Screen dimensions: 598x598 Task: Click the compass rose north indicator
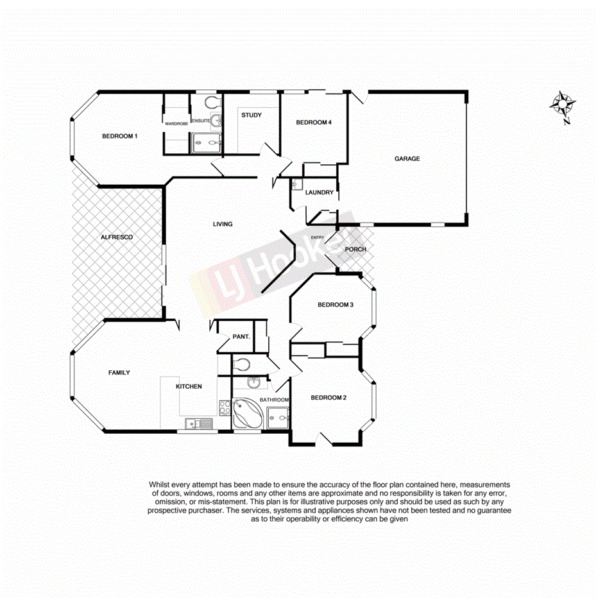[x=563, y=104]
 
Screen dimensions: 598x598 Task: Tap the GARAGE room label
[x=407, y=158]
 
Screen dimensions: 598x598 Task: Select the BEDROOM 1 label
[x=120, y=136]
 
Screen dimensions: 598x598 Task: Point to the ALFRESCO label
[x=116, y=237]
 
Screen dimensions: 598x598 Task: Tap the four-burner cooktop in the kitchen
[x=225, y=407]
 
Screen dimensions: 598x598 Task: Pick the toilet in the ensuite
[x=211, y=103]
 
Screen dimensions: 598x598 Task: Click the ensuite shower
[x=206, y=142]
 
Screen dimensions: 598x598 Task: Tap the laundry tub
[x=295, y=185]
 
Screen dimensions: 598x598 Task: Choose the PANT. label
[x=241, y=336]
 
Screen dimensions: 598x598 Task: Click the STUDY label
[x=251, y=115]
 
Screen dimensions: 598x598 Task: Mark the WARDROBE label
[x=176, y=123]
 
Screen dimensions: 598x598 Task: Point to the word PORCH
[x=355, y=249]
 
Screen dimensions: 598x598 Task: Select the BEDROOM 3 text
[x=336, y=305]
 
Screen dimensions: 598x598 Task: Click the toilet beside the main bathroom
[x=241, y=364]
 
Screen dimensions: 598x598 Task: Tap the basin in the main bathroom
[x=255, y=384]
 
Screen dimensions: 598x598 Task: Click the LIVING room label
[x=223, y=224]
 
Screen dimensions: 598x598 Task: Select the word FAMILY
[x=119, y=372]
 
